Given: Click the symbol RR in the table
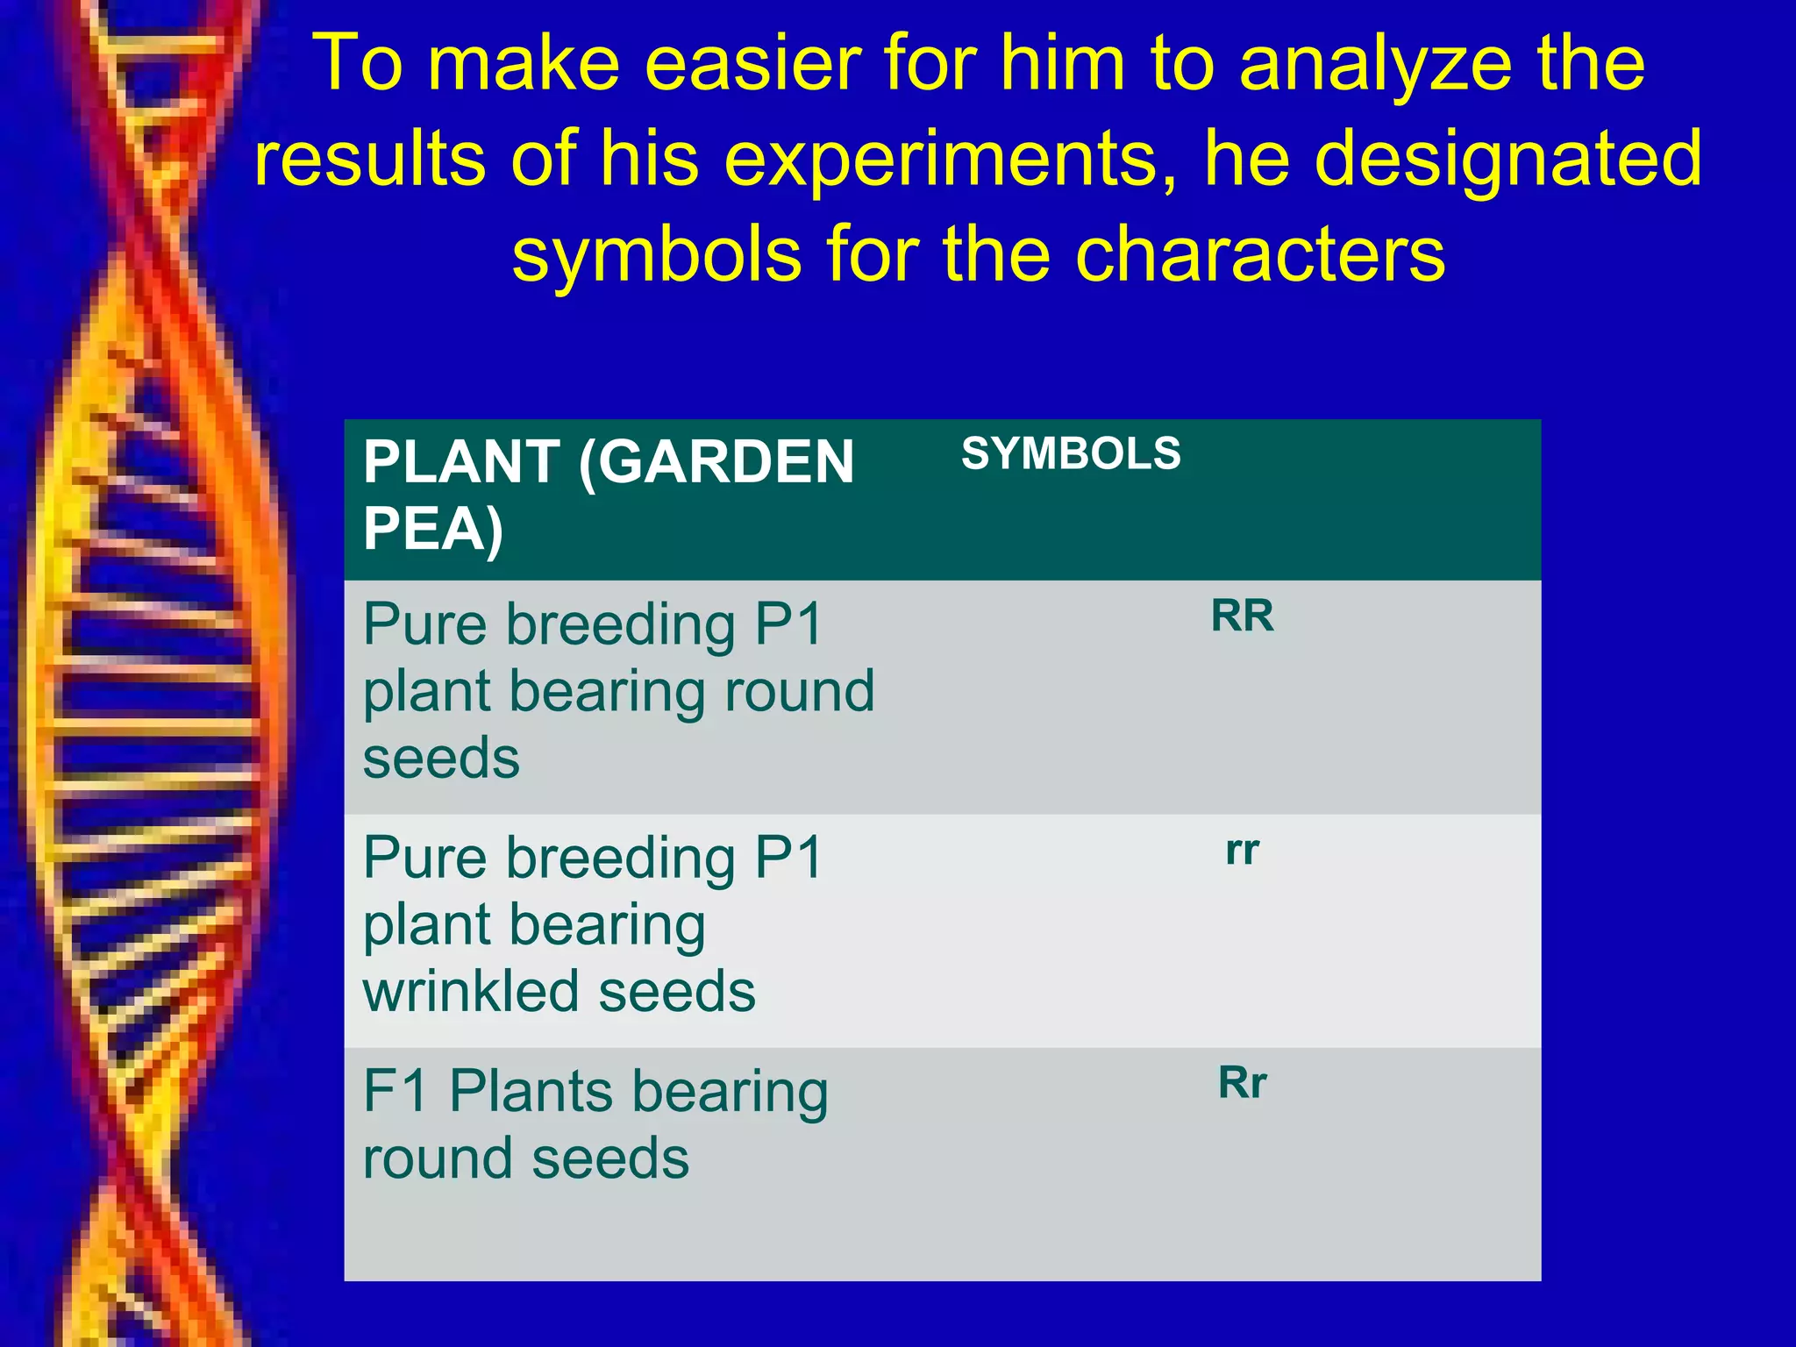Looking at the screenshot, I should click(1242, 616).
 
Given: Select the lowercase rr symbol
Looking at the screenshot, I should click(1242, 851).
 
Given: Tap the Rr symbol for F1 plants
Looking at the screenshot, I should click(1242, 1083).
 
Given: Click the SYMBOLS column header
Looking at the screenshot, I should click(1071, 454).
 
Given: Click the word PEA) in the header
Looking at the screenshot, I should click(433, 530).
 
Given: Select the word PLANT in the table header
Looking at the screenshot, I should click(461, 462).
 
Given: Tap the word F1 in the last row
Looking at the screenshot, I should click(396, 1092).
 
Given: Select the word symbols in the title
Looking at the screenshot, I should click(657, 254).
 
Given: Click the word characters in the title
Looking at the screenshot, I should click(1259, 254).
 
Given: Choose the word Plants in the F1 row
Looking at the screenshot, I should click(531, 1092).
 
